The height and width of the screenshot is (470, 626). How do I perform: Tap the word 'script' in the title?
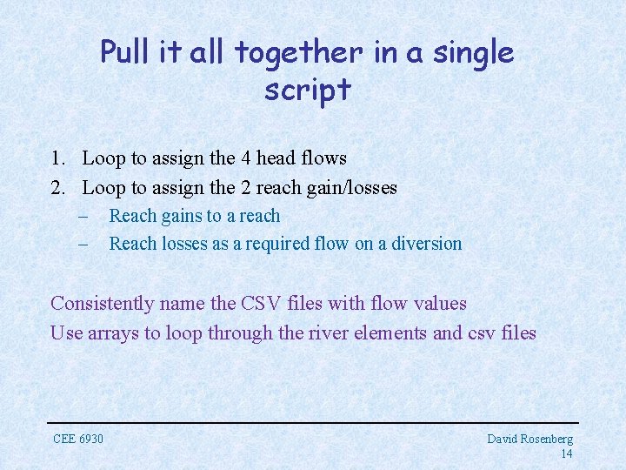click(307, 90)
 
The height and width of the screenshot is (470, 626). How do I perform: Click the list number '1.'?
click(58, 158)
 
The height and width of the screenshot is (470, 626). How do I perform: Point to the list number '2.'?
click(58, 187)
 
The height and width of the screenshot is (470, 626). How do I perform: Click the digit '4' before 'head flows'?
click(246, 158)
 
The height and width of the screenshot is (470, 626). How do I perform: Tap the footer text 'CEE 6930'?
click(78, 439)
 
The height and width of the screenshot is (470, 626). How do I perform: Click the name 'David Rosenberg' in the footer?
click(529, 440)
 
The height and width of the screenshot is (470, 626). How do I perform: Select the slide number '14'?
click(566, 453)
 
